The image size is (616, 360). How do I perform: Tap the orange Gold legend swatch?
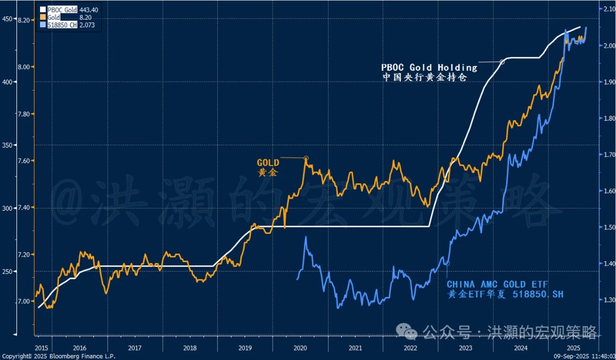click(x=43, y=17)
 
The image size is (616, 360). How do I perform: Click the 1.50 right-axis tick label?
click(x=605, y=227)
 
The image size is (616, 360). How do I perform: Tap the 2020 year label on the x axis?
click(x=300, y=347)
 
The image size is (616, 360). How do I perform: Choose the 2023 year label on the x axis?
click(x=465, y=347)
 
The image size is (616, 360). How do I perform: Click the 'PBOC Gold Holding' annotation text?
click(x=429, y=67)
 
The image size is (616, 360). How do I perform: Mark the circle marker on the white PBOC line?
click(x=503, y=62)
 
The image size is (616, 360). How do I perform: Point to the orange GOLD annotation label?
click(x=268, y=163)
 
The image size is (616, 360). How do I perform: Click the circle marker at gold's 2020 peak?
click(x=306, y=158)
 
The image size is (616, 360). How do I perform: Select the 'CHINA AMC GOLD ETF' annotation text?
click(x=497, y=285)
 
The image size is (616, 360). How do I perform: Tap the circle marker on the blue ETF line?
click(x=447, y=263)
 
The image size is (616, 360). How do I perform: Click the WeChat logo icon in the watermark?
click(x=411, y=331)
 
